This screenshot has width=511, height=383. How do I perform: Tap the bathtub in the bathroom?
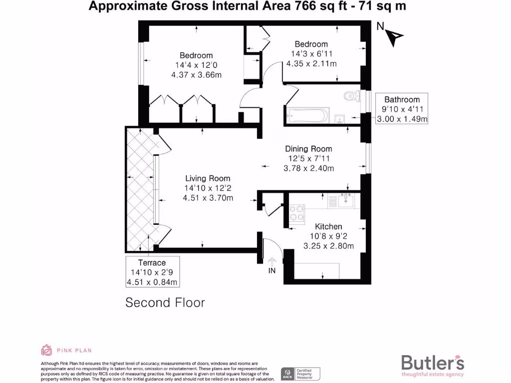(306, 115)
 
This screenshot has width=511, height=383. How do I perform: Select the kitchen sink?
(345, 201)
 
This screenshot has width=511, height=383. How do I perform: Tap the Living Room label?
(208, 178)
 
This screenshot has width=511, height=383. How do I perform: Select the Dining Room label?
(308, 149)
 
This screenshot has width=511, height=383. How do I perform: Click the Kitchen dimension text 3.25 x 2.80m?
(328, 246)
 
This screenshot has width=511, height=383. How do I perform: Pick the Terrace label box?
(152, 272)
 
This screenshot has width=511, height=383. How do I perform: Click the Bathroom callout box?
(402, 109)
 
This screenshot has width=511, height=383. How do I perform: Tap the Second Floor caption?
(165, 302)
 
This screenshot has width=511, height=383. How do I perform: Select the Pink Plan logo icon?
(46, 350)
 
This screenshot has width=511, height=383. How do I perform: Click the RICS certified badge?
(301, 374)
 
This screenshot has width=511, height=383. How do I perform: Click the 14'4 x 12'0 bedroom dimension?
(196, 65)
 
